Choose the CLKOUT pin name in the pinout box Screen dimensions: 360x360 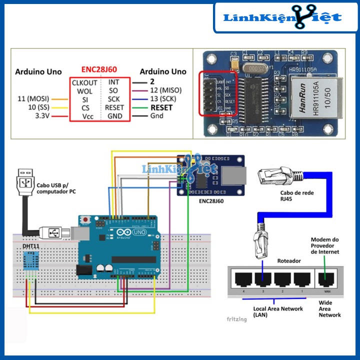[84, 82]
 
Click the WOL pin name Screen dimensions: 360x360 [84, 91]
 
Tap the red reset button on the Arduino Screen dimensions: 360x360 [89, 219]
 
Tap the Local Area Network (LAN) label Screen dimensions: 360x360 [277, 312]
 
